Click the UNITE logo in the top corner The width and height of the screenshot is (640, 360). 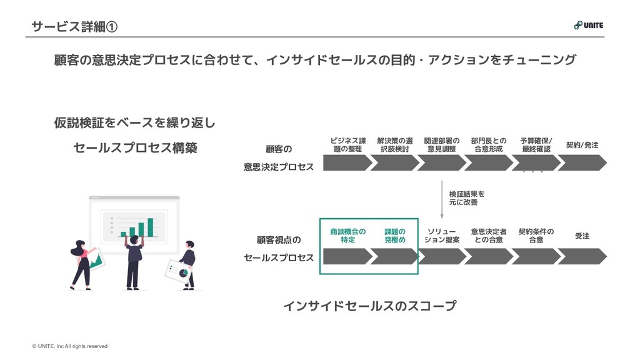click(x=588, y=26)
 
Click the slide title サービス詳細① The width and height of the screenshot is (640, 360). click(x=74, y=27)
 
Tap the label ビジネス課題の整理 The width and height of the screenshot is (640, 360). click(x=348, y=145)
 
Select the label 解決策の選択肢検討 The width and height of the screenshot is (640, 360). click(x=395, y=145)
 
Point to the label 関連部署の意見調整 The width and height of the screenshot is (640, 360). click(x=442, y=145)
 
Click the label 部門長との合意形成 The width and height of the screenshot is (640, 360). click(x=489, y=145)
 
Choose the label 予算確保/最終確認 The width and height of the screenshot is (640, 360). click(x=536, y=145)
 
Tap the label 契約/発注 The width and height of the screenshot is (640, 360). click(x=582, y=145)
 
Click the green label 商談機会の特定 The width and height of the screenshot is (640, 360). click(x=348, y=236)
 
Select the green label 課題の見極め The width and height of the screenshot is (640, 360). click(x=395, y=236)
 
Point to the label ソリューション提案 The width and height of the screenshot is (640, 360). click(x=442, y=236)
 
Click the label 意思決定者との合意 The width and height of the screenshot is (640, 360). click(x=489, y=236)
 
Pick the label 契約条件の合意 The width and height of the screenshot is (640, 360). click(x=536, y=236)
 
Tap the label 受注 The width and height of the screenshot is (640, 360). click(x=582, y=236)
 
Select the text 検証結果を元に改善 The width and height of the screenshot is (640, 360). click(x=466, y=198)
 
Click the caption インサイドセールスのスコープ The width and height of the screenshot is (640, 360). click(x=369, y=306)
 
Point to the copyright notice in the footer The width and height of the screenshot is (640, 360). click(x=70, y=346)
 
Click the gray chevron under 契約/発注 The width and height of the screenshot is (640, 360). click(x=582, y=162)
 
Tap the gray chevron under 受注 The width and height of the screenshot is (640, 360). click(x=582, y=256)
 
